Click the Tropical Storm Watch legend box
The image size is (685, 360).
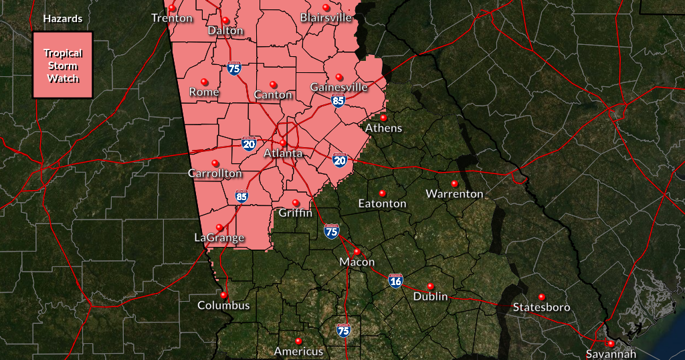[x=63, y=65]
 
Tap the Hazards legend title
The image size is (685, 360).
[x=63, y=19]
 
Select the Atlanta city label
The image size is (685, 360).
[x=283, y=153]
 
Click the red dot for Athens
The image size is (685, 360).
[x=383, y=118]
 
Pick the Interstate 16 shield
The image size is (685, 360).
[x=395, y=281]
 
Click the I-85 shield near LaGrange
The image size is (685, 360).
[x=241, y=197]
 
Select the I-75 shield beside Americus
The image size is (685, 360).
[x=343, y=330]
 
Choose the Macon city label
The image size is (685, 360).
[x=357, y=262]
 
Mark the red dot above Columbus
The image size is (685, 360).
[x=224, y=294]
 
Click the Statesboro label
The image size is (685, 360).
[x=541, y=307]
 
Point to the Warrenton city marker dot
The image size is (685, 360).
[x=454, y=183]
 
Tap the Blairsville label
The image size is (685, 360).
[x=326, y=17]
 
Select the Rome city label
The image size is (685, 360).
[x=204, y=92]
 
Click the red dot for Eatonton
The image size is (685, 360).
[x=383, y=193]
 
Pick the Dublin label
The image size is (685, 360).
[x=430, y=296]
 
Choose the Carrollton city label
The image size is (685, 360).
[x=215, y=173]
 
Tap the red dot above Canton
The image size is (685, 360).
[x=273, y=84]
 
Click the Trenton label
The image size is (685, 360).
[x=172, y=18]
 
